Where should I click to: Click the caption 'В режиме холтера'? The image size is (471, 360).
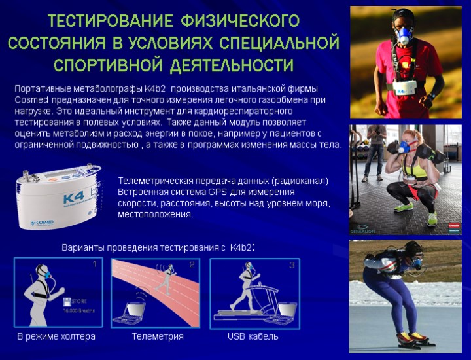click(x=56, y=336)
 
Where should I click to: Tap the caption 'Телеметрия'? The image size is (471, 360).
click(x=157, y=336)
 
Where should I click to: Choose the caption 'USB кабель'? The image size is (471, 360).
click(x=253, y=336)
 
